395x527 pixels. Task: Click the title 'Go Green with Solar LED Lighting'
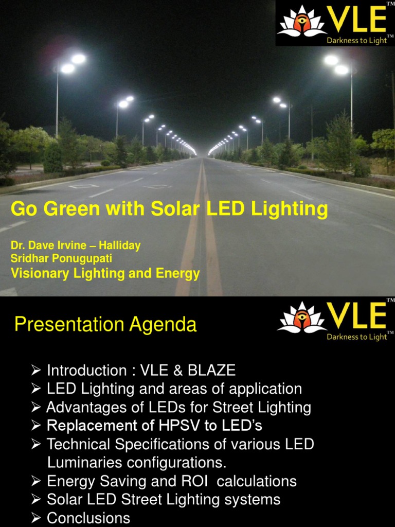pyautogui.click(x=169, y=209)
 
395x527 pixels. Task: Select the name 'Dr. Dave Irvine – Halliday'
pyautogui.click(x=76, y=245)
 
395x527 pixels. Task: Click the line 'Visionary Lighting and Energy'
pyautogui.click(x=105, y=273)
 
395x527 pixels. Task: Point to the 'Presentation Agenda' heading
pyautogui.click(x=105, y=325)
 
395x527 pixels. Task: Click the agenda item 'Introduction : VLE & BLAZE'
pyautogui.click(x=141, y=370)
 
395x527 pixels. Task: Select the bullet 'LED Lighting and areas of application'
pyautogui.click(x=174, y=389)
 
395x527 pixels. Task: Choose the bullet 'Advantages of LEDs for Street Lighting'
pyautogui.click(x=178, y=408)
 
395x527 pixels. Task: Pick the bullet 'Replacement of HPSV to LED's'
pyautogui.click(x=154, y=426)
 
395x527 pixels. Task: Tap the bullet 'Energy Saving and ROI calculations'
pyautogui.click(x=171, y=481)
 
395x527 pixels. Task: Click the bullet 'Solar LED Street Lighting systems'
pyautogui.click(x=164, y=499)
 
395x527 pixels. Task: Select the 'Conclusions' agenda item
pyautogui.click(x=88, y=518)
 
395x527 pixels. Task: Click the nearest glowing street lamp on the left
pyautogui.click(x=72, y=63)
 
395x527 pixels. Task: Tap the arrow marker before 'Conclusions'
pyautogui.click(x=35, y=518)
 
